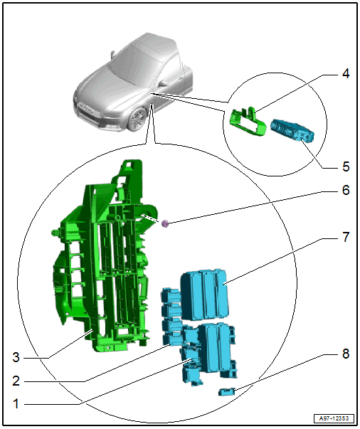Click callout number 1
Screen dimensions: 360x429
[16, 403]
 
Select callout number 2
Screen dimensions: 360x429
[16, 381]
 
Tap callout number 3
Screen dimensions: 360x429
[16, 357]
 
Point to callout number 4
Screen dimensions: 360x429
[346, 74]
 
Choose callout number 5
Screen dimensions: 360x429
[346, 166]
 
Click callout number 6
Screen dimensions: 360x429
[346, 190]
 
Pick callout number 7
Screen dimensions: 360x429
[346, 237]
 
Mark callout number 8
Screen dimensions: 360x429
[346, 354]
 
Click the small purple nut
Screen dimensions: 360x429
[165, 224]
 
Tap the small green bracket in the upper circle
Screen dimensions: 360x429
[248, 122]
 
